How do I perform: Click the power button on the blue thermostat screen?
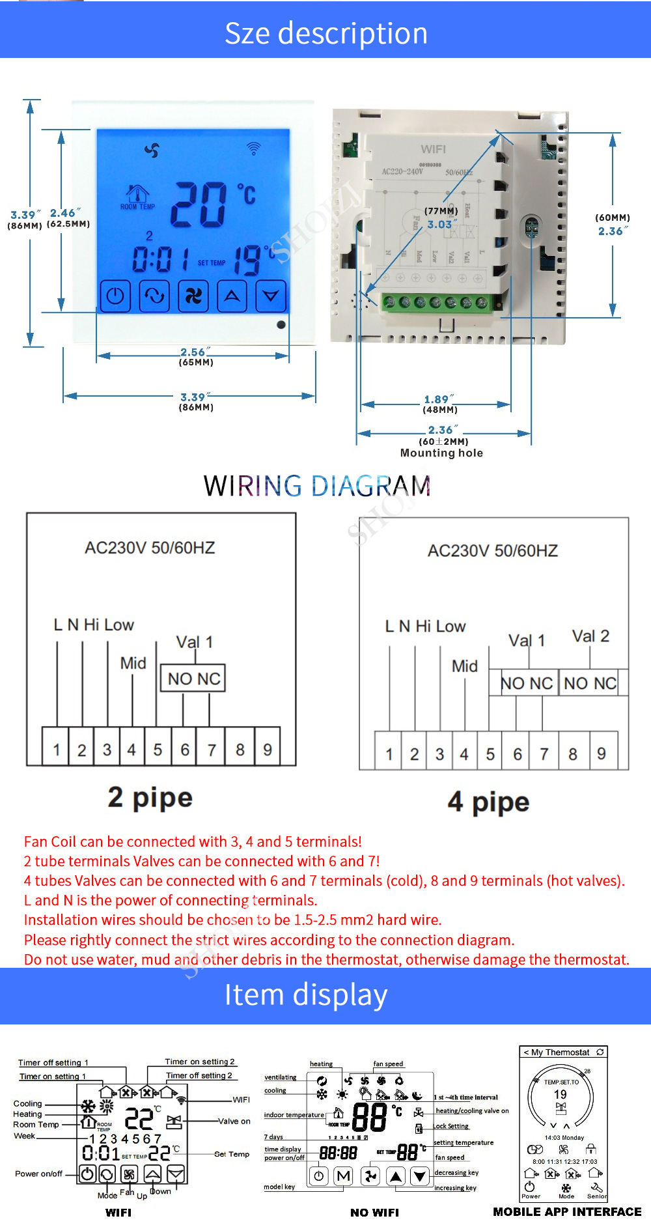tap(115, 296)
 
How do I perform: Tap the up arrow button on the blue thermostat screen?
tap(232, 296)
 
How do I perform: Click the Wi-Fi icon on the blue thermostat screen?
tap(253, 149)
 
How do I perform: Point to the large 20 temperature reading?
tap(199, 204)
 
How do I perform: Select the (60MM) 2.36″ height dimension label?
tap(612, 224)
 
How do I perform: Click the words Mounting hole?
tap(441, 453)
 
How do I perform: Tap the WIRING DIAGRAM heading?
tap(317, 486)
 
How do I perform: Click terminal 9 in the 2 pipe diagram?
tap(268, 750)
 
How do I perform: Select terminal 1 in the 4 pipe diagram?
tap(389, 754)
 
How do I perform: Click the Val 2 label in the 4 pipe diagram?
tap(590, 636)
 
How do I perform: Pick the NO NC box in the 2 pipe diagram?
tap(193, 679)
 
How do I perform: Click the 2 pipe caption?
tap(150, 798)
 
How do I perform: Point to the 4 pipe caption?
tap(488, 802)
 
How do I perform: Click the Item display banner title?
tap(306, 995)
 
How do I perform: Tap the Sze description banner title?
tap(325, 33)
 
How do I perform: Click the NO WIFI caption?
tap(374, 1213)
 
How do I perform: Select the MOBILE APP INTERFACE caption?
tap(567, 1212)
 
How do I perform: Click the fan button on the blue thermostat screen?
tap(193, 296)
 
